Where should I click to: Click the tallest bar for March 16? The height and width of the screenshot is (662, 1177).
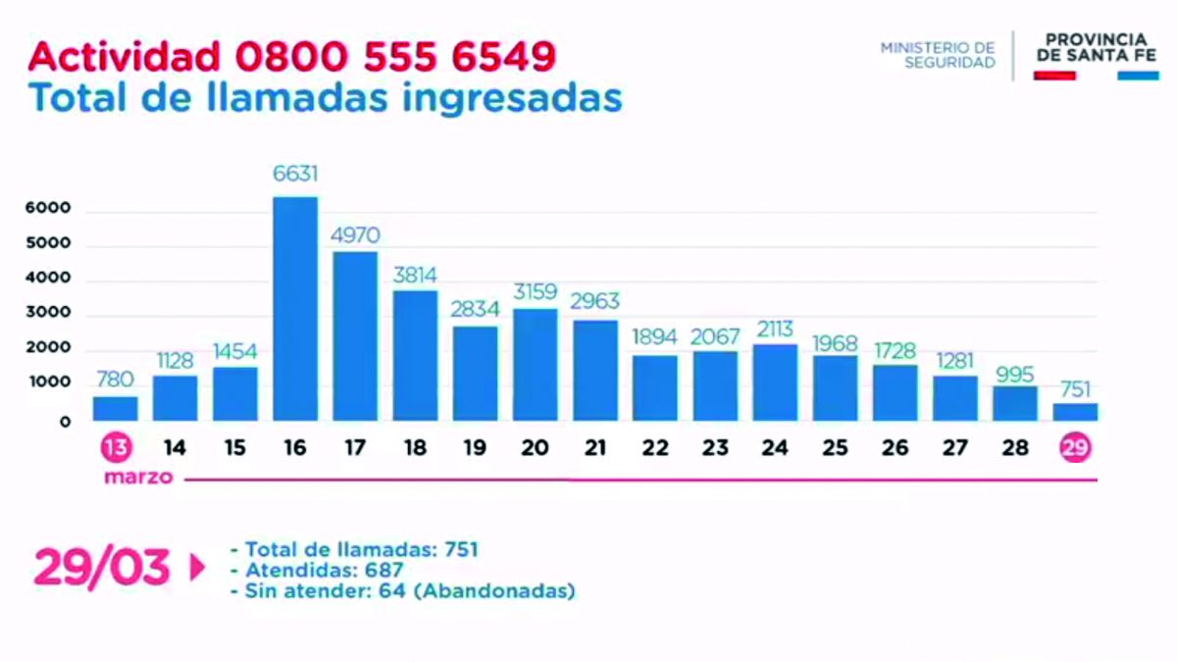(295, 309)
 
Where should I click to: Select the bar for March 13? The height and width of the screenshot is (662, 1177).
(116, 409)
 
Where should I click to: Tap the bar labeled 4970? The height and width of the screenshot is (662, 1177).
(355, 336)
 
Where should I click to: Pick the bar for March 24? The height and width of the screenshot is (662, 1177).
(775, 382)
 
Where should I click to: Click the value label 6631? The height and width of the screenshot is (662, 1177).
(295, 175)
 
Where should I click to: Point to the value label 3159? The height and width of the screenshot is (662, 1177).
(536, 291)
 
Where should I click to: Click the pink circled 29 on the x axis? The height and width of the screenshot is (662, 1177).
(1075, 448)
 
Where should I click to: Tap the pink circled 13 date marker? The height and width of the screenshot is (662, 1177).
(116, 448)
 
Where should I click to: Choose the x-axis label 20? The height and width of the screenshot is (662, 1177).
(536, 448)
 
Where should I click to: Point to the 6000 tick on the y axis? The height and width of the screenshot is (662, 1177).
(48, 209)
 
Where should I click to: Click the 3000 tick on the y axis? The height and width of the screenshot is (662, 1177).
(48, 314)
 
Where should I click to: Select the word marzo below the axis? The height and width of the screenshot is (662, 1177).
(140, 479)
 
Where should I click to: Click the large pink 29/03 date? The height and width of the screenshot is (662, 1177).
(102, 568)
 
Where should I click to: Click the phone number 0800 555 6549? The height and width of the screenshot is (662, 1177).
(395, 56)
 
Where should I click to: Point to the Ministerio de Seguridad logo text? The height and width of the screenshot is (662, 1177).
(938, 55)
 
